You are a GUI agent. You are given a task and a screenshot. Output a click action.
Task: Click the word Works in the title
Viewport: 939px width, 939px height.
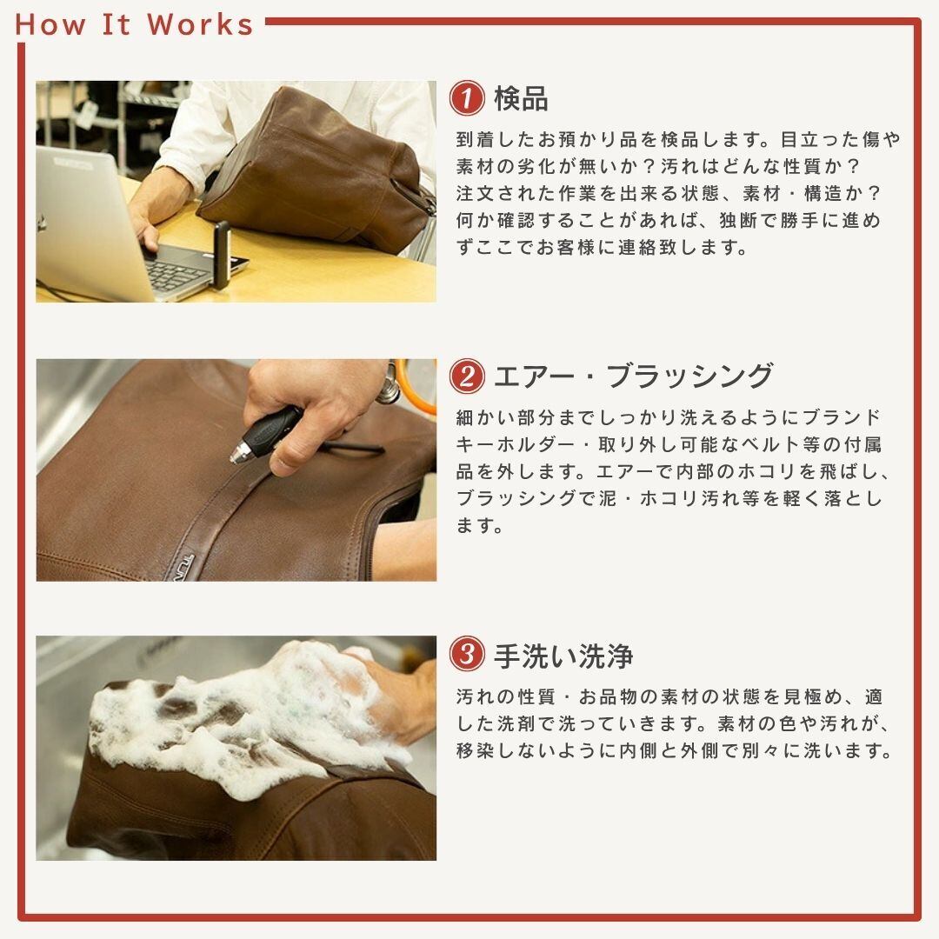(200, 24)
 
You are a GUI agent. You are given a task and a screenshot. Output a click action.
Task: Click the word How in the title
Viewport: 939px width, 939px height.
(50, 24)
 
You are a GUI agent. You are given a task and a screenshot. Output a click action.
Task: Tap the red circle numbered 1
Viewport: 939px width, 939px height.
(467, 97)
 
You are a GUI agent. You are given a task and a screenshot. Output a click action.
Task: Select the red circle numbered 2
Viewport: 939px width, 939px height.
(467, 376)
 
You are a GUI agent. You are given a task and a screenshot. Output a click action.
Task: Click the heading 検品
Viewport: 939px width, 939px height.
(521, 99)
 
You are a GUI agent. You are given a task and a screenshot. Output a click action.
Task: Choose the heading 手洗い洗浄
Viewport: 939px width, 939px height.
(563, 656)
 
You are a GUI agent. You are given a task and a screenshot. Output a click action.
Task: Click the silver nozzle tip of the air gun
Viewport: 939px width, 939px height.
(241, 451)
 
